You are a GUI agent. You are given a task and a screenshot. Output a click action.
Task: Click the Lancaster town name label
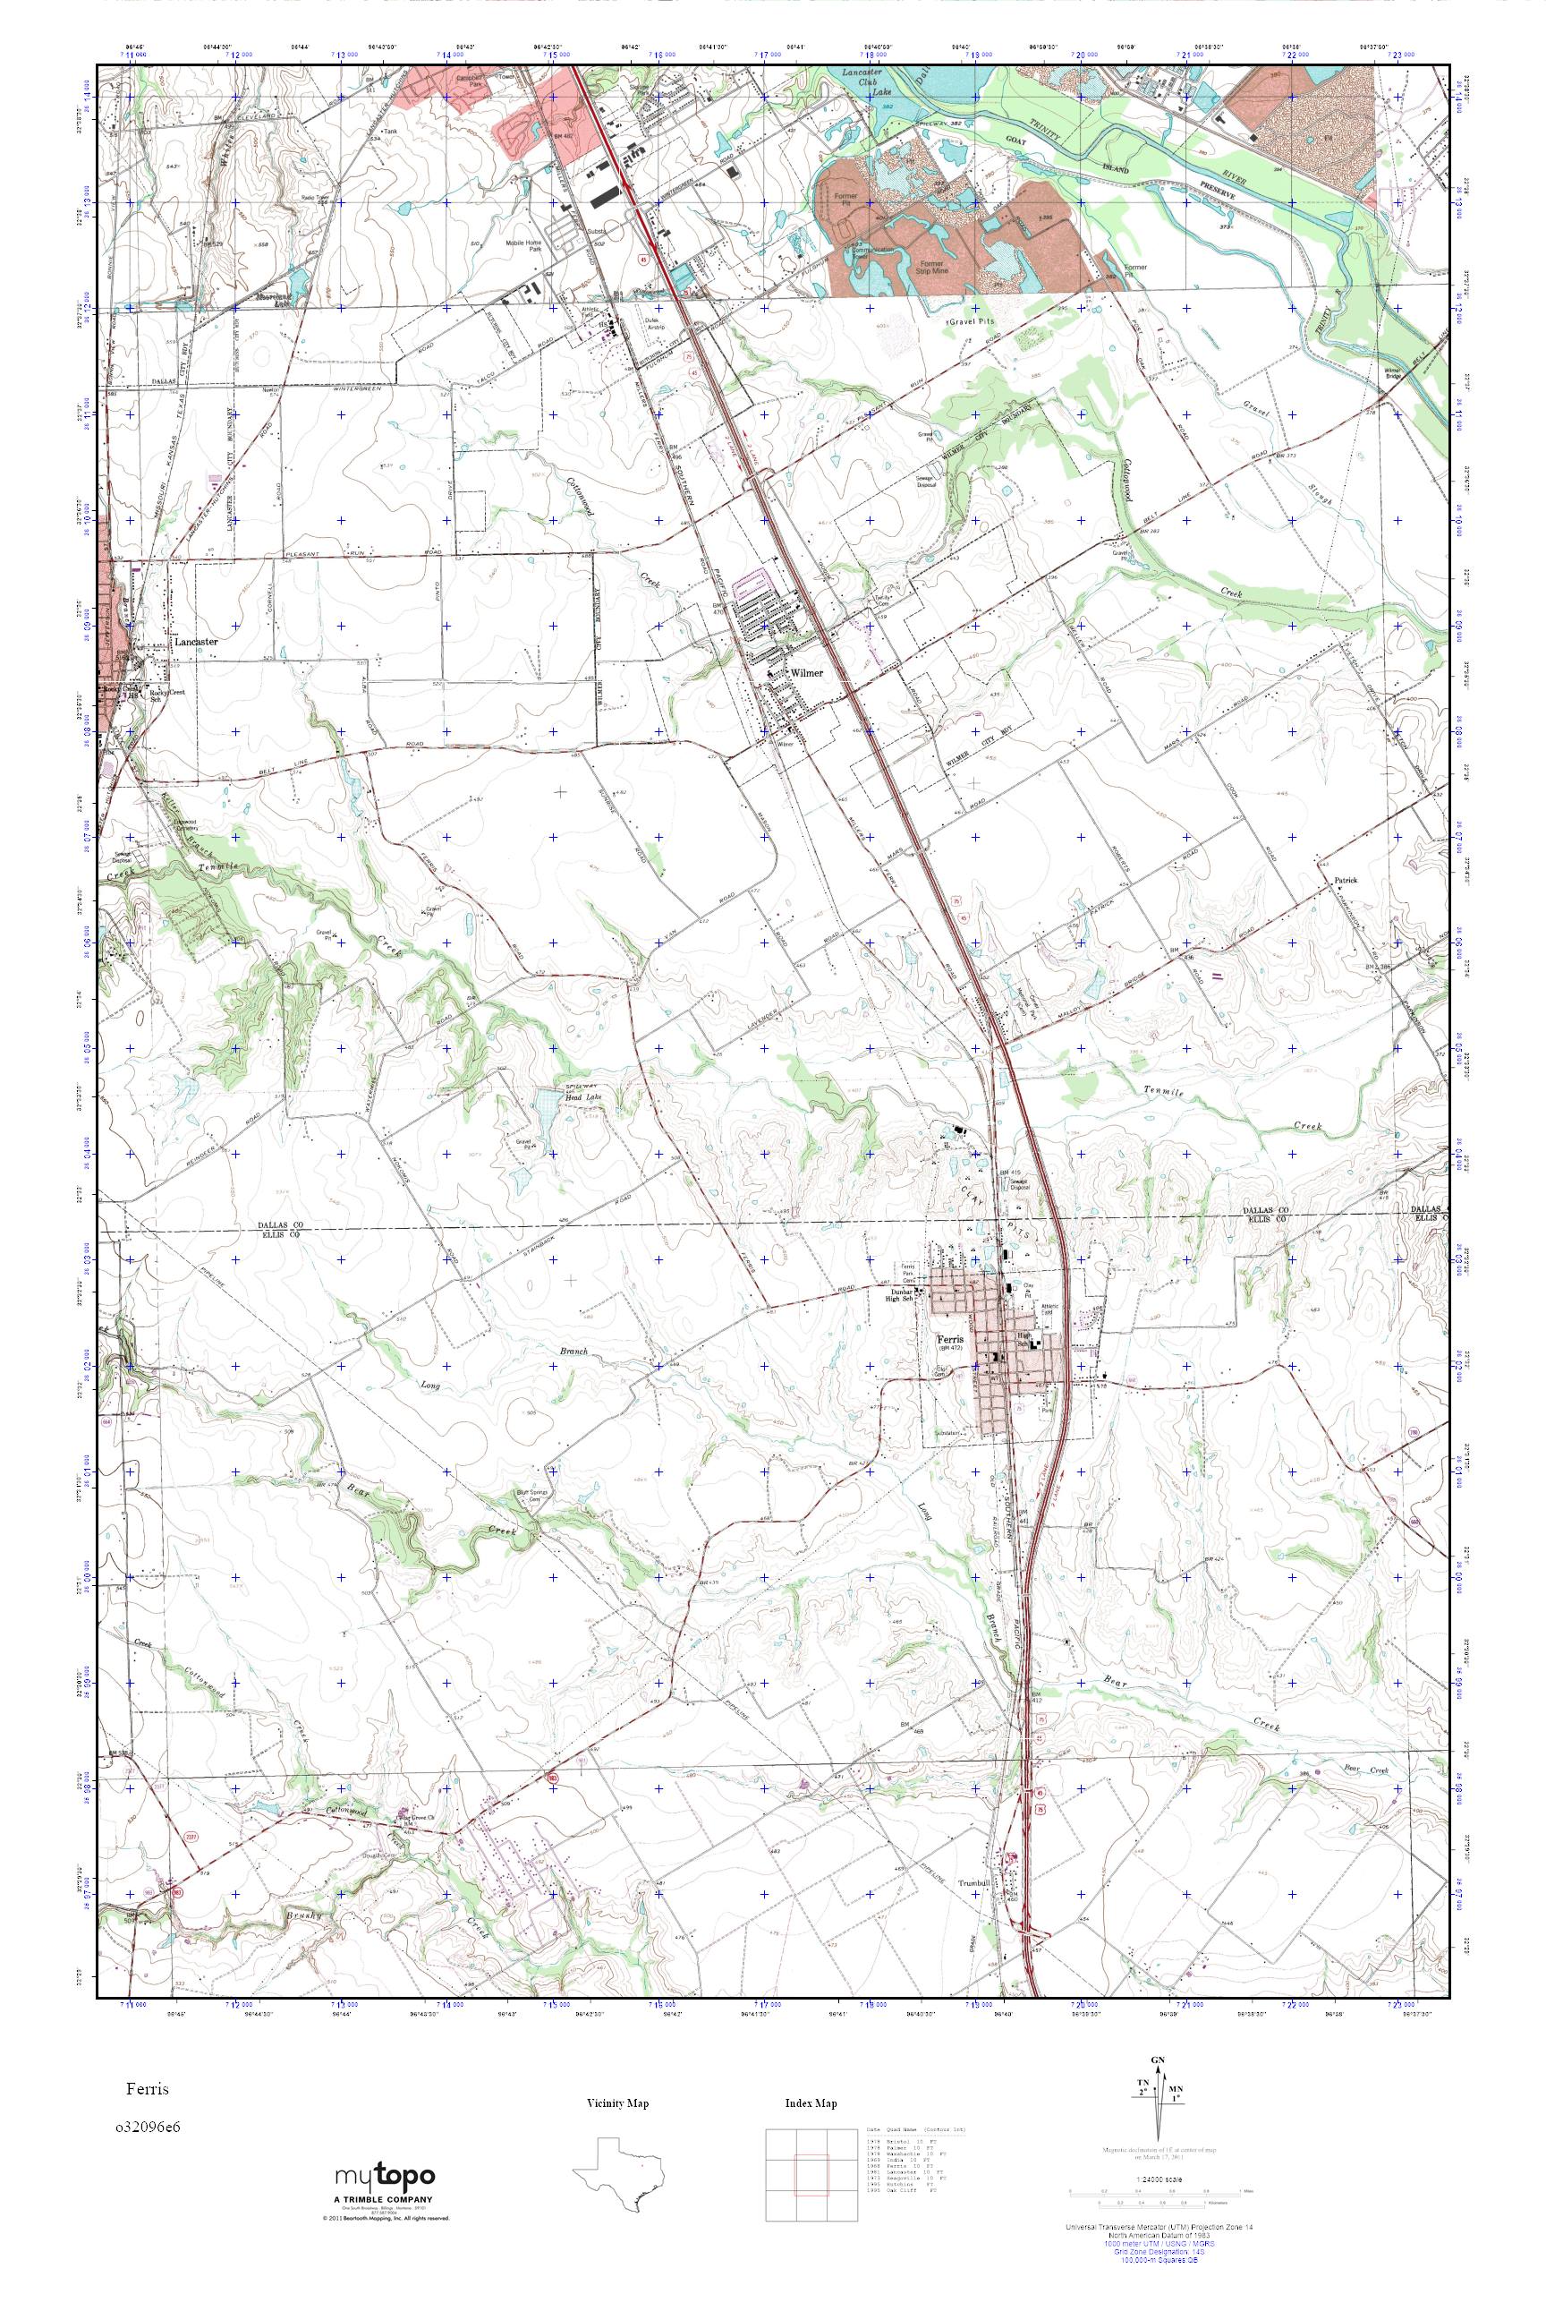click(195, 641)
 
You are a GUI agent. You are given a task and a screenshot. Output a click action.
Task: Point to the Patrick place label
click(1346, 879)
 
